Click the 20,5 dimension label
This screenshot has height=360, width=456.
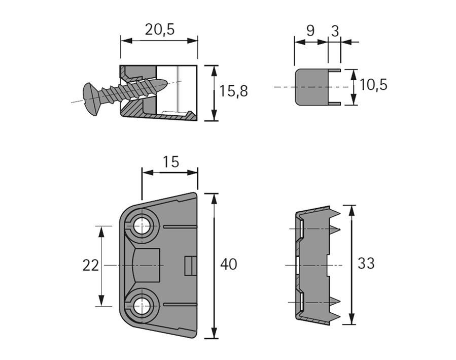coord(159,29)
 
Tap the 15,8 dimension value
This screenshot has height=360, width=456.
coord(233,91)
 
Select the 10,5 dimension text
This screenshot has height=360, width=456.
coord(373,85)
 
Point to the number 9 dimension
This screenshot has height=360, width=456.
coord(310,30)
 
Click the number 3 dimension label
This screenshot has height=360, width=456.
coord(334,30)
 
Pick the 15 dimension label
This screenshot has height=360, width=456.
coord(171,162)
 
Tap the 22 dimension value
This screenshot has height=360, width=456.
coord(90,265)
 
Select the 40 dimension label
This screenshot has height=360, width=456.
coord(229,265)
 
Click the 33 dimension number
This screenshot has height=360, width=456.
coord(366,264)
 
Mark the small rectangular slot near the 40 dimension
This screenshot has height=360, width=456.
coord(190,265)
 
